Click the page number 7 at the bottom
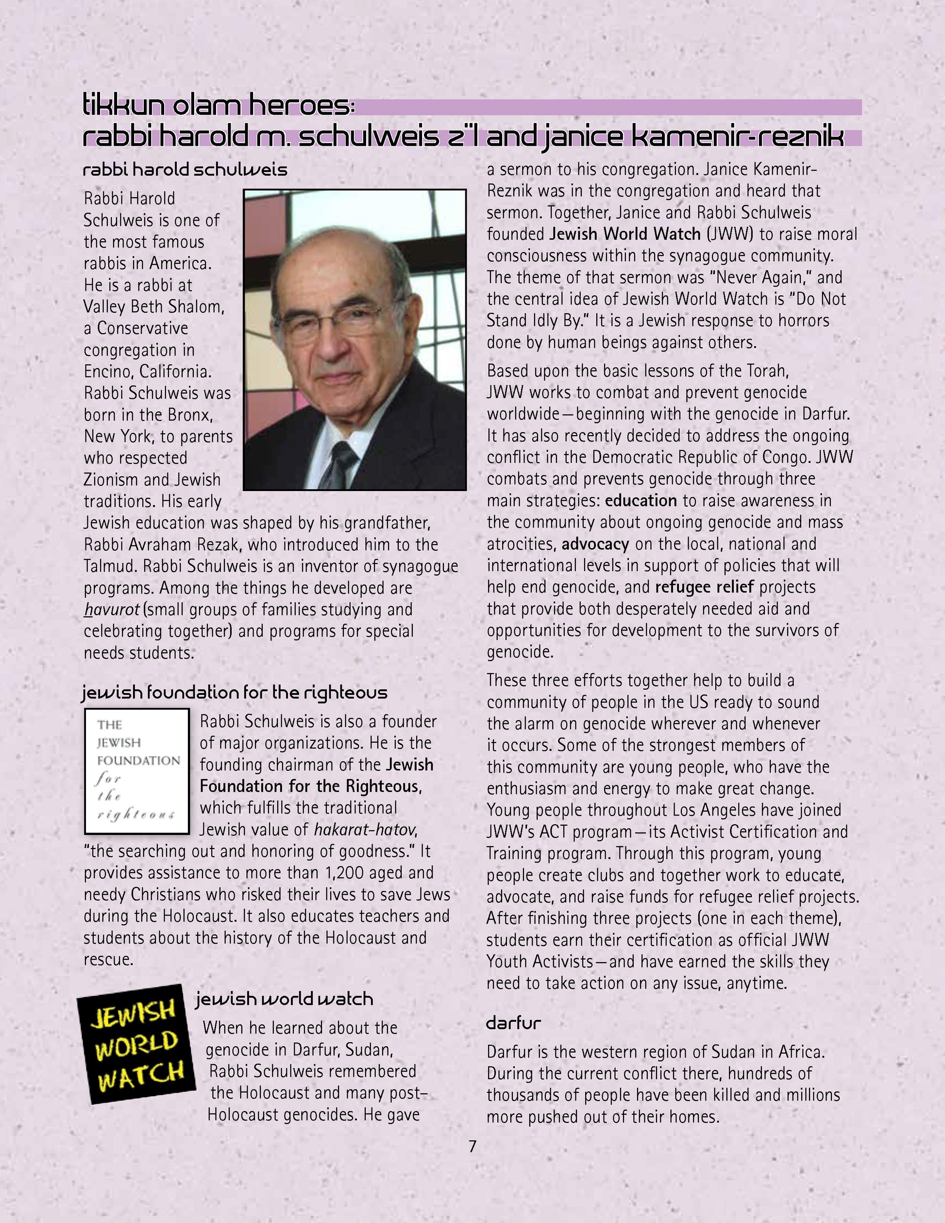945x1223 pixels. (472, 1146)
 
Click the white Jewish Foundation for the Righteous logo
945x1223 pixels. (137, 771)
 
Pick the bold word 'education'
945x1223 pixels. (641, 501)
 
